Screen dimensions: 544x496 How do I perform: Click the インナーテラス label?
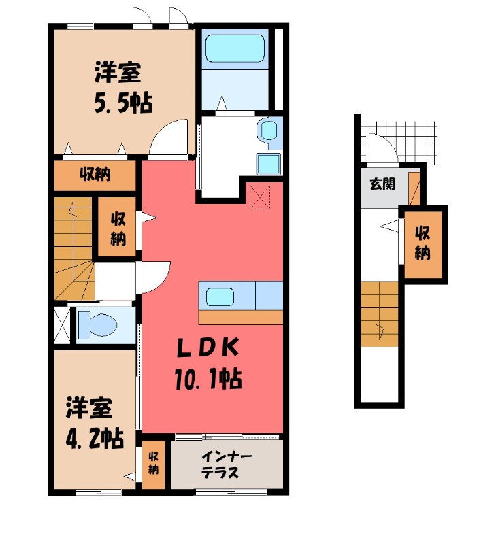pyautogui.click(x=227, y=464)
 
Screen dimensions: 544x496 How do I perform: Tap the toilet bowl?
pyautogui.click(x=96, y=325)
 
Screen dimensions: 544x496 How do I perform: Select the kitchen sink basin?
pyautogui.click(x=222, y=296)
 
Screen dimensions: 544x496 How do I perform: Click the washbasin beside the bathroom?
pyautogui.click(x=269, y=131)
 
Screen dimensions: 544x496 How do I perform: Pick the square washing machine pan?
pyautogui.click(x=268, y=164)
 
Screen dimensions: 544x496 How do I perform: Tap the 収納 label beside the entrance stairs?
pyautogui.click(x=423, y=243)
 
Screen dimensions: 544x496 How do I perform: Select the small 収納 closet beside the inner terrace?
pyautogui.click(x=154, y=464)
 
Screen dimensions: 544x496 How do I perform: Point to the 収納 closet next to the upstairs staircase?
pyautogui.click(x=117, y=228)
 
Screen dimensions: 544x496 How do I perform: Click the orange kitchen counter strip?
pyautogui.click(x=241, y=317)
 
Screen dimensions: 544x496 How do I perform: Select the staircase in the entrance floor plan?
pyautogui.click(x=379, y=313)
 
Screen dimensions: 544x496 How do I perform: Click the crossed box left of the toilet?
pyautogui.click(x=61, y=325)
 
